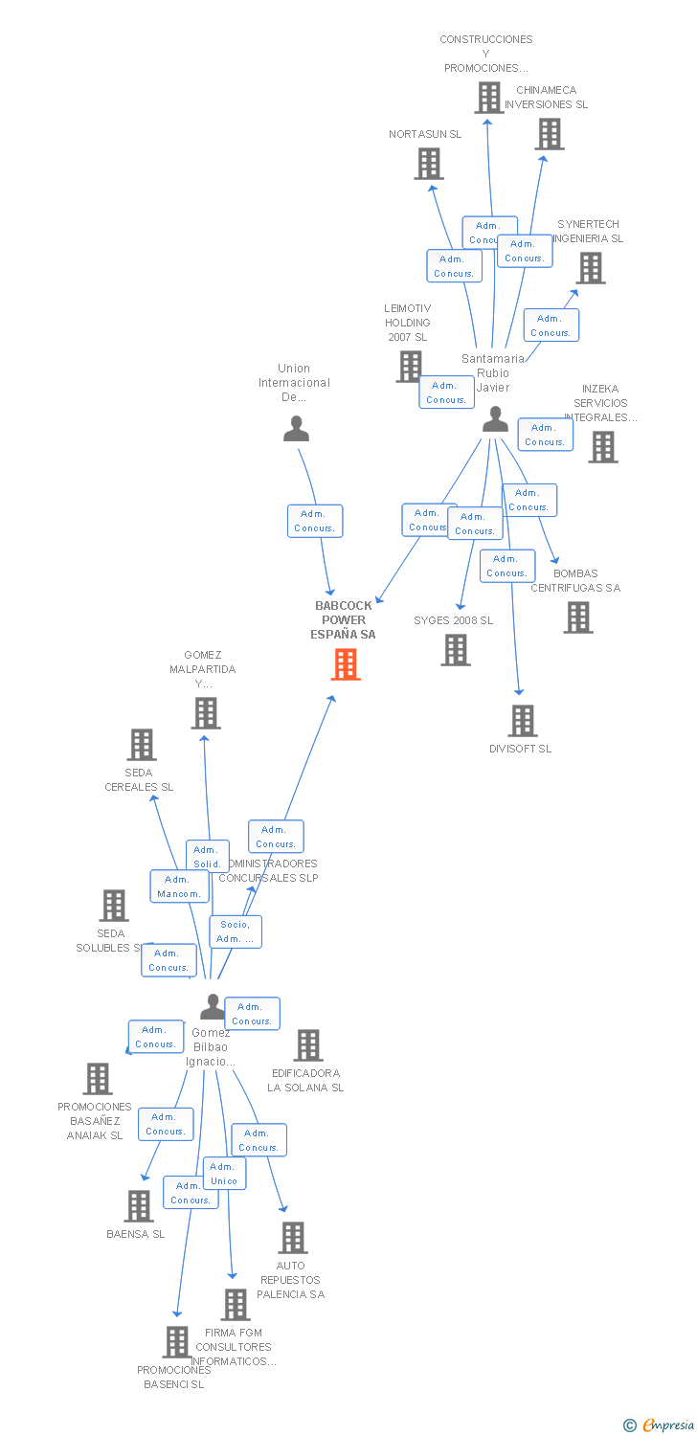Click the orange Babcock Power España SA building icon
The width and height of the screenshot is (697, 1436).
(x=346, y=664)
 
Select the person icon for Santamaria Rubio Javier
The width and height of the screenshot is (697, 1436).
(x=495, y=419)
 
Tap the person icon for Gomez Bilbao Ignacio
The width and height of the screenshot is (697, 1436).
(x=213, y=1006)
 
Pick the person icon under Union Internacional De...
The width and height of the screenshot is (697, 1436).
(x=297, y=429)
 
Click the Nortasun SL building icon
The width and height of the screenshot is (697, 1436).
(x=428, y=164)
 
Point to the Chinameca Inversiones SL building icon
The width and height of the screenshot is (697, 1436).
(x=550, y=134)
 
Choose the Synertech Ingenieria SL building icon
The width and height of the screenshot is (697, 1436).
(x=591, y=268)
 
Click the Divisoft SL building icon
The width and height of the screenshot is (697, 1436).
(x=523, y=721)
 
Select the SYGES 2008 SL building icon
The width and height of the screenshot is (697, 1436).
(x=456, y=650)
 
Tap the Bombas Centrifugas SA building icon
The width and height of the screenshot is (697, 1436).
(x=577, y=617)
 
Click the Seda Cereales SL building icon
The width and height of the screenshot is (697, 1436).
(x=142, y=745)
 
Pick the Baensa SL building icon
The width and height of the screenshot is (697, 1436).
(x=139, y=1206)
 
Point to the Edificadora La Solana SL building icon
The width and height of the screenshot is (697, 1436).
(x=307, y=1045)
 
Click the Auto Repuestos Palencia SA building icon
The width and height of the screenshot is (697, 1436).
(x=293, y=1238)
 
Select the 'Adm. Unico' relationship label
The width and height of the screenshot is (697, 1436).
(x=224, y=1174)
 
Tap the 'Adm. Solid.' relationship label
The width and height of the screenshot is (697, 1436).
(x=207, y=856)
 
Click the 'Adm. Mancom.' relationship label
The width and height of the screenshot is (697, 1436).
(x=179, y=886)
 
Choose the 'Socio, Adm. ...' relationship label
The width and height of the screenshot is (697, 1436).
(x=236, y=931)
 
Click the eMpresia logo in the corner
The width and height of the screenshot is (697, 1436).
(x=660, y=1425)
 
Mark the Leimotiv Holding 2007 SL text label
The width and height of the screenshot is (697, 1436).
(x=408, y=323)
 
